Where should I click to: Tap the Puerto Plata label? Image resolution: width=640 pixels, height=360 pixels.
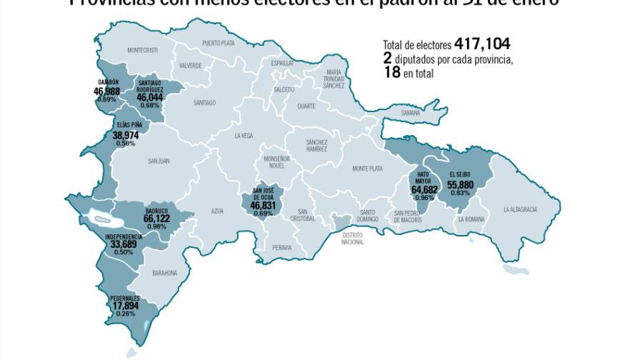tap(219, 43)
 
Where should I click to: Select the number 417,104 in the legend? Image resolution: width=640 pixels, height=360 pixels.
tap(481, 44)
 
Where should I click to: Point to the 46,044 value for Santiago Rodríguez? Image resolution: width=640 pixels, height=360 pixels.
tap(150, 97)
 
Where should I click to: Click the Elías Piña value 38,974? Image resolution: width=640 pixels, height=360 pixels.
tap(126, 135)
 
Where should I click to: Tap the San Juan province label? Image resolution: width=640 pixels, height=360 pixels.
tap(159, 161)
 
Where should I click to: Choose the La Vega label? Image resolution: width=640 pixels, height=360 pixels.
tap(244, 135)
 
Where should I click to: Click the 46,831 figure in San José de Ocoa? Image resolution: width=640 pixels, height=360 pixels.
tap(264, 205)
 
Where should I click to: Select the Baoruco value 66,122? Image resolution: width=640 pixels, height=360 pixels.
tap(156, 219)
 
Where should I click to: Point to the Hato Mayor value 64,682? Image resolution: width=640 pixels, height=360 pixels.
tap(424, 190)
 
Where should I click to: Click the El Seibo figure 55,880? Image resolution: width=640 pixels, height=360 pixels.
tap(460, 184)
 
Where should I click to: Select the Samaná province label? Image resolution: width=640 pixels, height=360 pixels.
tap(410, 113)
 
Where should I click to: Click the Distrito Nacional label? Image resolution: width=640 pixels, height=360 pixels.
tap(353, 239)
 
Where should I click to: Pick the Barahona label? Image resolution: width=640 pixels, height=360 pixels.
tap(164, 273)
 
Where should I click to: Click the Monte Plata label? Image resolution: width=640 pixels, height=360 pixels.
tap(367, 169)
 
